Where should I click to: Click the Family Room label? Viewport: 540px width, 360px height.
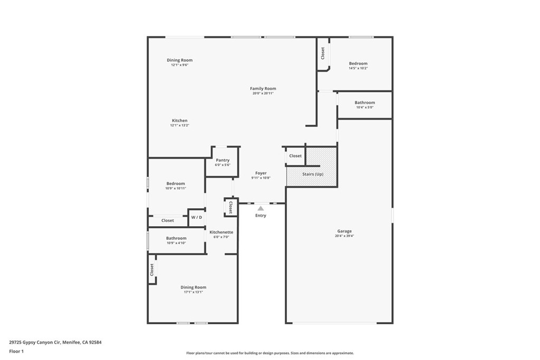pos(263,89)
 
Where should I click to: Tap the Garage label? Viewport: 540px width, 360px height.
pos(344,231)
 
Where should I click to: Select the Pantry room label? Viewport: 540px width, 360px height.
pos(223,160)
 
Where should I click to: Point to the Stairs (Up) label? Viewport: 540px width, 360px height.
pos(312,174)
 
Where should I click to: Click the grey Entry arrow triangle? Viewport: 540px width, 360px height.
pos(261,209)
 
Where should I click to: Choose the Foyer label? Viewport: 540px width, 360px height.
pos(261,173)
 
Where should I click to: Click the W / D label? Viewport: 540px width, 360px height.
pos(196,217)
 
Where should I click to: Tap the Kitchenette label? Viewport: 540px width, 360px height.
pos(221,232)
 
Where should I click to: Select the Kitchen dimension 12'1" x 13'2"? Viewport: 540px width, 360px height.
pos(179,125)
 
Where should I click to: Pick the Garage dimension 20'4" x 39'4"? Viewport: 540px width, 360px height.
pos(344,236)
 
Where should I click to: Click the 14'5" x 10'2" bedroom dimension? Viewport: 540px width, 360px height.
pos(358,68)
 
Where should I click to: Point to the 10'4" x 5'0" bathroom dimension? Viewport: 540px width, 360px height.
pos(364,108)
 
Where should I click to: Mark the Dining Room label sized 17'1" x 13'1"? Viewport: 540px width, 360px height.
pos(193,287)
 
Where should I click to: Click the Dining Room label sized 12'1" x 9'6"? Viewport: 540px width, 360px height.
pos(179,60)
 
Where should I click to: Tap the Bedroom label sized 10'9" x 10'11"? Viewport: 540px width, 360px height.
pos(176,183)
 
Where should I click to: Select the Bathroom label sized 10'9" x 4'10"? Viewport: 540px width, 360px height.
pos(176,238)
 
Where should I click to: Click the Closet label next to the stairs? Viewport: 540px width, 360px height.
pos(295,156)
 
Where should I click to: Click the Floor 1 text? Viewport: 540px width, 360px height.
pos(16,351)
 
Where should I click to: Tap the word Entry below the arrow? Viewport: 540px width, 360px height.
pos(261,216)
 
